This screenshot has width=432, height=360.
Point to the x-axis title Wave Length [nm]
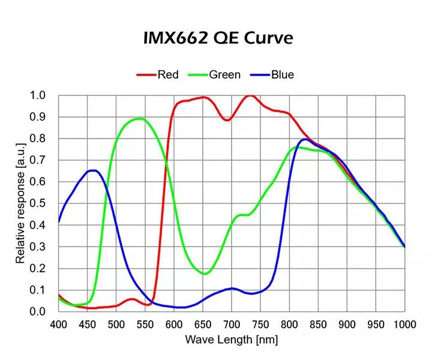coord(231,340)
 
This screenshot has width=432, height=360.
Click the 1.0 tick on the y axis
coord(38,95)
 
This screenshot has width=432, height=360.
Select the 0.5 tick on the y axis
coord(38,203)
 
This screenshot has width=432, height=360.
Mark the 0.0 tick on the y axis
coord(38,311)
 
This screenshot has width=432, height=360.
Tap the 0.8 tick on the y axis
coord(38,139)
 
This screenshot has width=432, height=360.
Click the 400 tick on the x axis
coord(58,324)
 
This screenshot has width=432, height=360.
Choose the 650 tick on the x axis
coord(203,324)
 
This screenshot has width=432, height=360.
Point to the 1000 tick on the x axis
coord(404,324)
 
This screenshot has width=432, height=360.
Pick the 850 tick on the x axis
coord(318,324)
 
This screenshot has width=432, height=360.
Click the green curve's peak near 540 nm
coord(139,119)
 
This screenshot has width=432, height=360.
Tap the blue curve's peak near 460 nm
coord(93,170)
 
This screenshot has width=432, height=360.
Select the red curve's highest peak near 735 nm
coord(251,95)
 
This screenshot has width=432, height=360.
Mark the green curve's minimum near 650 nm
coord(205,274)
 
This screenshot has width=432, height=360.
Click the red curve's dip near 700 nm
coord(227,120)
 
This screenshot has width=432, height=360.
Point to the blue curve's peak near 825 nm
coord(305,139)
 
